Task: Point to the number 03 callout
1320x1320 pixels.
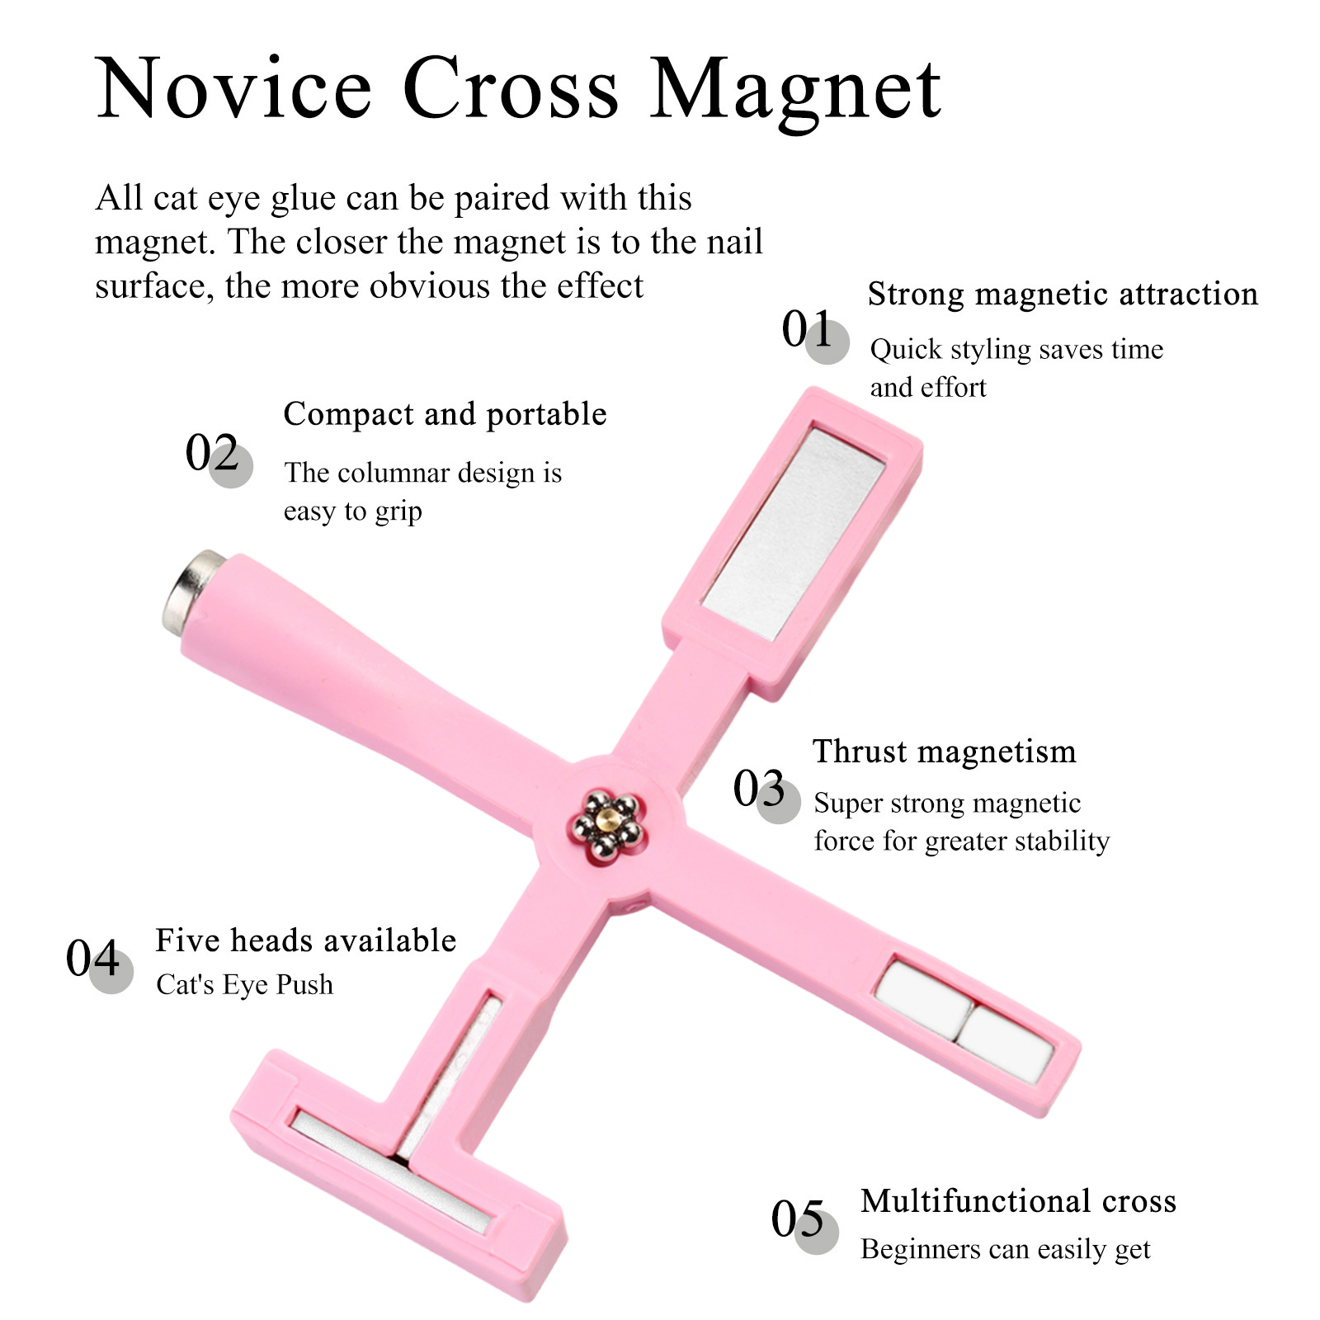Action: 766,793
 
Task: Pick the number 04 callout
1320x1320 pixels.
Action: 99,963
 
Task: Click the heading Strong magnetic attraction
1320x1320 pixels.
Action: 1063,295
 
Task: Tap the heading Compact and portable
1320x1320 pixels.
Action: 445,415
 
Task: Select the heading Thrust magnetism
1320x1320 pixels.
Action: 945,752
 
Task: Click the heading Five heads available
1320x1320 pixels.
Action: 306,940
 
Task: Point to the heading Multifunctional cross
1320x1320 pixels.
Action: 1019,1201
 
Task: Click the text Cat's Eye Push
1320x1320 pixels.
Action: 245,985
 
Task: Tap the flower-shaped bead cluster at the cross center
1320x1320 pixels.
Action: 606,826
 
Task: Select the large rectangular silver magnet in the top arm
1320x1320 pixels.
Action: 792,532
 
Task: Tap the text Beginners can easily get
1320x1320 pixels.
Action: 1005,1250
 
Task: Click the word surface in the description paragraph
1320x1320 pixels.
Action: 148,286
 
